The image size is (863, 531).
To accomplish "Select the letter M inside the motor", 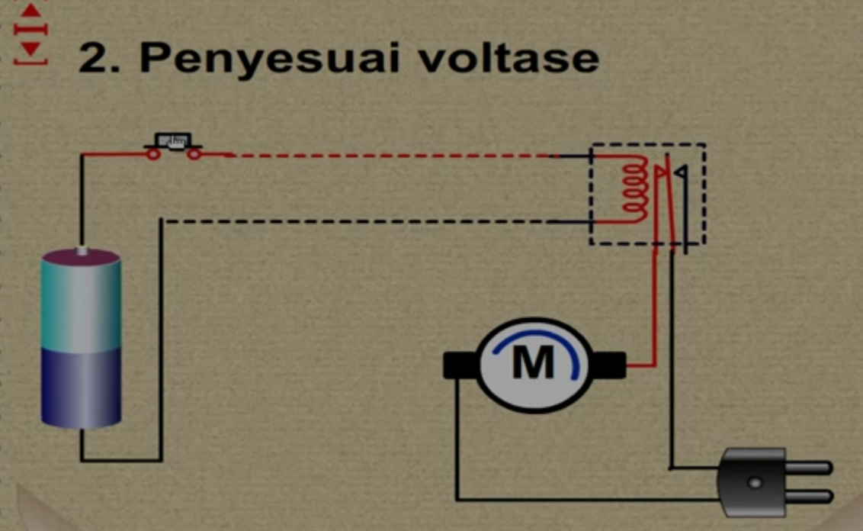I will tap(533, 364).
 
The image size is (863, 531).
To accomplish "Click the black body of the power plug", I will tap(752, 481).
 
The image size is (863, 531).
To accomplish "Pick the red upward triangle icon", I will tap(30, 12).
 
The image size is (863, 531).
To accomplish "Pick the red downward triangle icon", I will tap(30, 48).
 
